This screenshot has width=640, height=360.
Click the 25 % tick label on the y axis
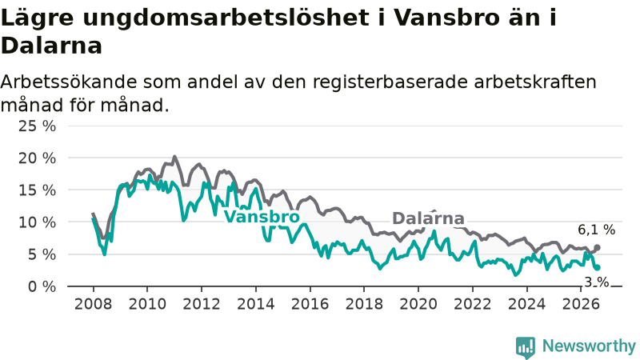coord(37,126)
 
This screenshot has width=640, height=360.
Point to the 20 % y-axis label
coord(37,158)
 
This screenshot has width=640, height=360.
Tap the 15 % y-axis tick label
coord(37,190)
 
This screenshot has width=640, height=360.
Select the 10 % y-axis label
coord(37,222)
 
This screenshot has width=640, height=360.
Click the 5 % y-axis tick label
coord(42,254)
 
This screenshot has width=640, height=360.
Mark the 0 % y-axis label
coord(42,286)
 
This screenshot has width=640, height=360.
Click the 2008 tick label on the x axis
coord(93,304)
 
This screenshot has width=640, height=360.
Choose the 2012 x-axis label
coord(202,304)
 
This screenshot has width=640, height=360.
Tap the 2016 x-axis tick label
coord(310,304)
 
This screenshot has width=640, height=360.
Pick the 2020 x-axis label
coord(418,304)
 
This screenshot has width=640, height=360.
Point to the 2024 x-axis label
coord(526,304)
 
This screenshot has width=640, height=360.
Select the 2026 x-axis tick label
coord(581,304)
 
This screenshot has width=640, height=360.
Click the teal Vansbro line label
coord(262,217)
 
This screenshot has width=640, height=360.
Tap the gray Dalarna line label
coord(428,218)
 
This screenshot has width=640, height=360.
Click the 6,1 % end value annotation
coord(596,230)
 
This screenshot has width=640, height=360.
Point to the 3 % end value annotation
coord(597,282)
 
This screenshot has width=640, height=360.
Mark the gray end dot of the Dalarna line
coord(597,247)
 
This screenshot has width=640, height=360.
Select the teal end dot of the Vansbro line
coord(597,267)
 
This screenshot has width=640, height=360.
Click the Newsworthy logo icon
coord(526,347)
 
